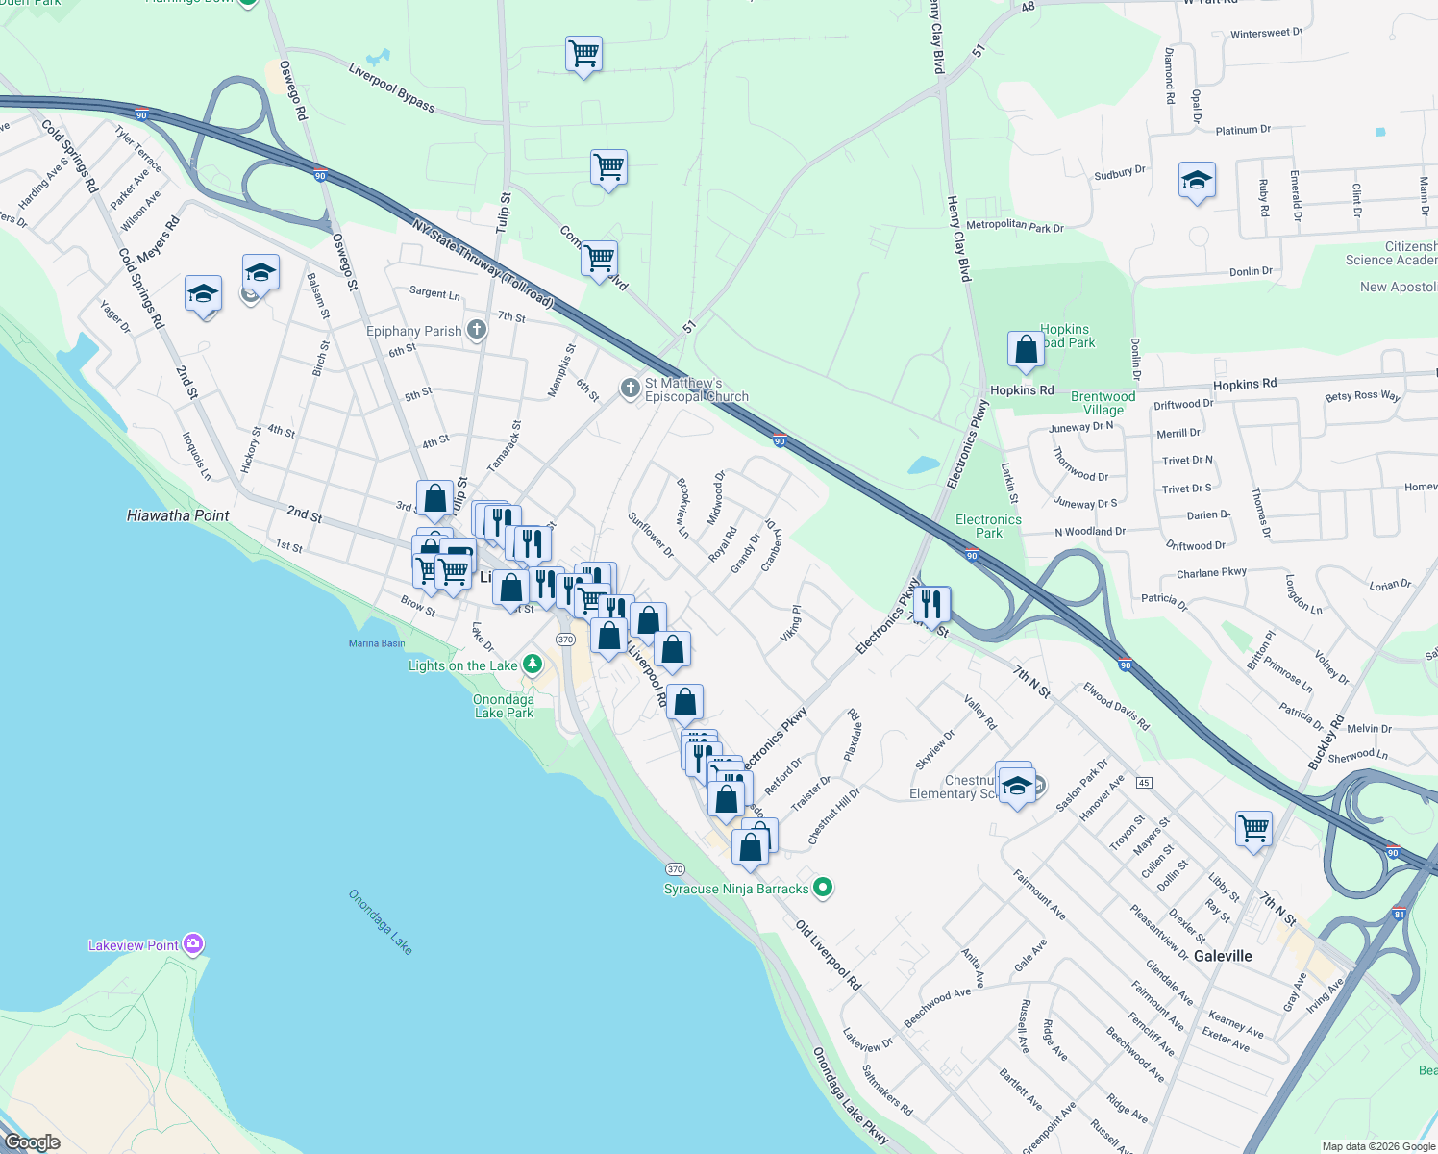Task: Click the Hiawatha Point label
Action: [x=178, y=515]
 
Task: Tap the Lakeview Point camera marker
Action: [x=193, y=944]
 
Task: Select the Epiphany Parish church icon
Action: [x=476, y=331]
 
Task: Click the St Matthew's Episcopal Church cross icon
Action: [x=630, y=389]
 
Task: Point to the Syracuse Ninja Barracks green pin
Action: [x=822, y=887]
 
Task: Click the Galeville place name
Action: [x=1223, y=956]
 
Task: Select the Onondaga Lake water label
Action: [x=380, y=922]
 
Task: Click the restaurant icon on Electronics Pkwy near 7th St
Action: [x=930, y=604]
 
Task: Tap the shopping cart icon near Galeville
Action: [x=1254, y=828]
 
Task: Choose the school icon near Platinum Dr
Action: [x=1197, y=180]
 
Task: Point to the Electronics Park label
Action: [x=988, y=526]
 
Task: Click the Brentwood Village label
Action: [x=1103, y=403]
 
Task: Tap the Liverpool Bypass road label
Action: [x=391, y=88]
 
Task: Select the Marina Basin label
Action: [x=377, y=643]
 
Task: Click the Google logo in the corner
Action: [x=33, y=1141]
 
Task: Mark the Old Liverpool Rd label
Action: [x=829, y=955]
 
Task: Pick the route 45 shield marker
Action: [x=1144, y=782]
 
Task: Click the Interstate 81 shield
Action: [x=1399, y=914]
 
